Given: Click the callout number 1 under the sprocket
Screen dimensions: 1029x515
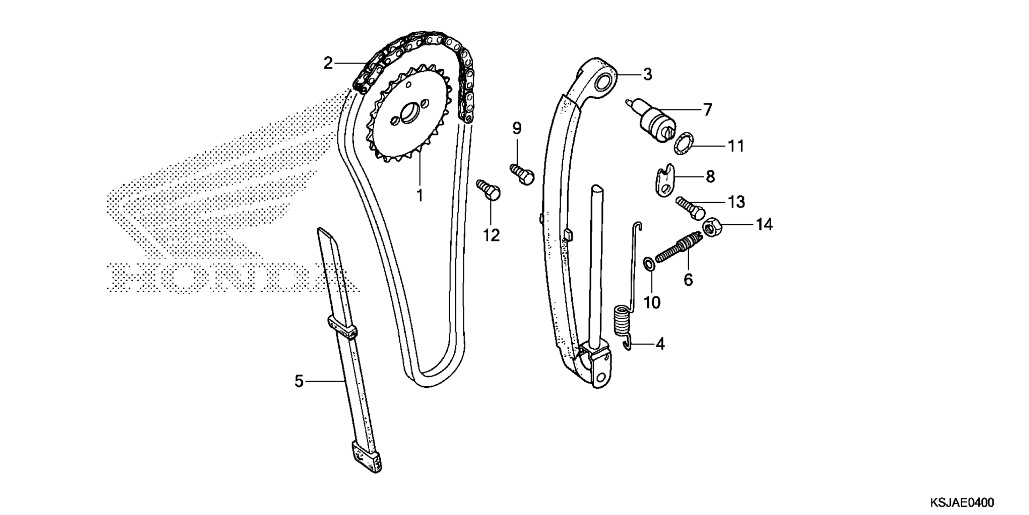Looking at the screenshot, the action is pos(420,195).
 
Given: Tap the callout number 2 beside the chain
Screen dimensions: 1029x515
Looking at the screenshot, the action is pos(328,63).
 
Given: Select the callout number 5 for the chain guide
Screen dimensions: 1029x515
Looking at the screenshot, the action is pos(299,381).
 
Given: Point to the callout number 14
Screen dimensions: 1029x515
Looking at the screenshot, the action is pos(764,224).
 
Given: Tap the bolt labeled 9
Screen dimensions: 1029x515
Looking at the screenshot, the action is pos(522,174).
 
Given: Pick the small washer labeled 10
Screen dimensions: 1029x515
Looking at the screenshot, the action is pos(648,263).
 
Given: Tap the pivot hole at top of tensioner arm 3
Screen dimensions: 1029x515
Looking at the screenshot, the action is pos(605,83).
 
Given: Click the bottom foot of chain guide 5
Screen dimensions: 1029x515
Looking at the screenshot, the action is pos(367,457).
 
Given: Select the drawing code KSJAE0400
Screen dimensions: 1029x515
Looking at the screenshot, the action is pos(962,503).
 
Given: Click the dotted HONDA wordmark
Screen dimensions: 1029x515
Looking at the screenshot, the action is pos(234,277).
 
